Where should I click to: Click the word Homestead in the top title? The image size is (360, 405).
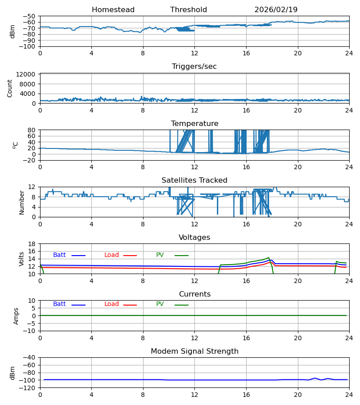click(113, 10)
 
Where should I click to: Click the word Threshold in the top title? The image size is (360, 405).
click(189, 10)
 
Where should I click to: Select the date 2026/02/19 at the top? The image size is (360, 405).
click(276, 10)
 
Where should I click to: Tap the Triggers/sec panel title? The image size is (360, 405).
click(194, 67)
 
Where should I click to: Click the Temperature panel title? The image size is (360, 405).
click(194, 124)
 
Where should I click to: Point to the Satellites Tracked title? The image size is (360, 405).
click(194, 180)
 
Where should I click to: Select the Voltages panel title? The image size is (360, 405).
click(194, 238)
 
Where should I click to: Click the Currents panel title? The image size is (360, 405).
click(194, 294)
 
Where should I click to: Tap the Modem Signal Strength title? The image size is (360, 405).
click(194, 351)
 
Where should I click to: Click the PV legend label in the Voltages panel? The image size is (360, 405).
click(160, 255)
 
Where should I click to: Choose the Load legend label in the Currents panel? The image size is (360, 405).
click(112, 304)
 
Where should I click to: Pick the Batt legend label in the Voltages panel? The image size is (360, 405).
click(59, 255)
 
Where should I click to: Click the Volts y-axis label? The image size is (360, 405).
click(22, 259)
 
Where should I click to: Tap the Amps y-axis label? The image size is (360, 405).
click(16, 316)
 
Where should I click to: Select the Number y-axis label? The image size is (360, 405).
click(22, 202)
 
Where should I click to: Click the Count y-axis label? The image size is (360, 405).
click(10, 88)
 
